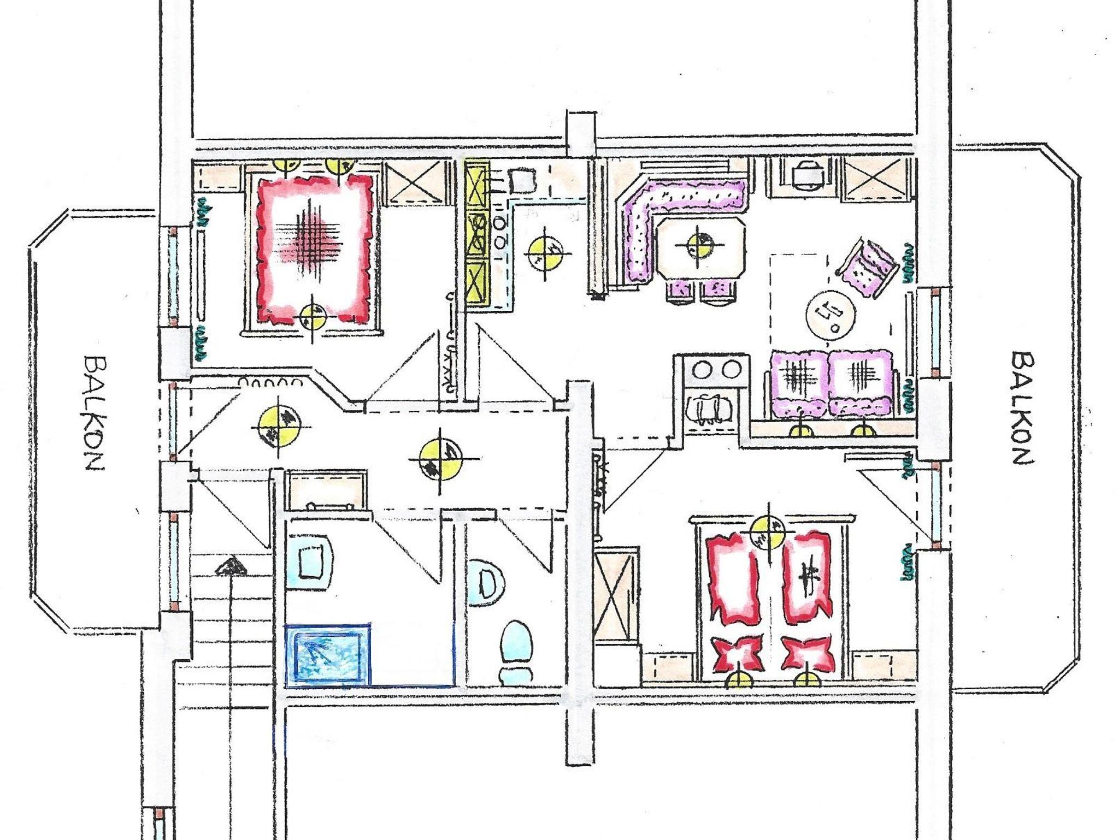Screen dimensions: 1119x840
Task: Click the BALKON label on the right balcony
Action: click(1021, 407)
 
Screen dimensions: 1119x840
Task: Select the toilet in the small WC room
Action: click(516, 652)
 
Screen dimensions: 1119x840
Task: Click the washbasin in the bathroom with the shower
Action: click(310, 560)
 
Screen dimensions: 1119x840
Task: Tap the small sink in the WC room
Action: click(484, 582)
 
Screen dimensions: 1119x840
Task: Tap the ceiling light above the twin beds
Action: click(769, 533)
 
